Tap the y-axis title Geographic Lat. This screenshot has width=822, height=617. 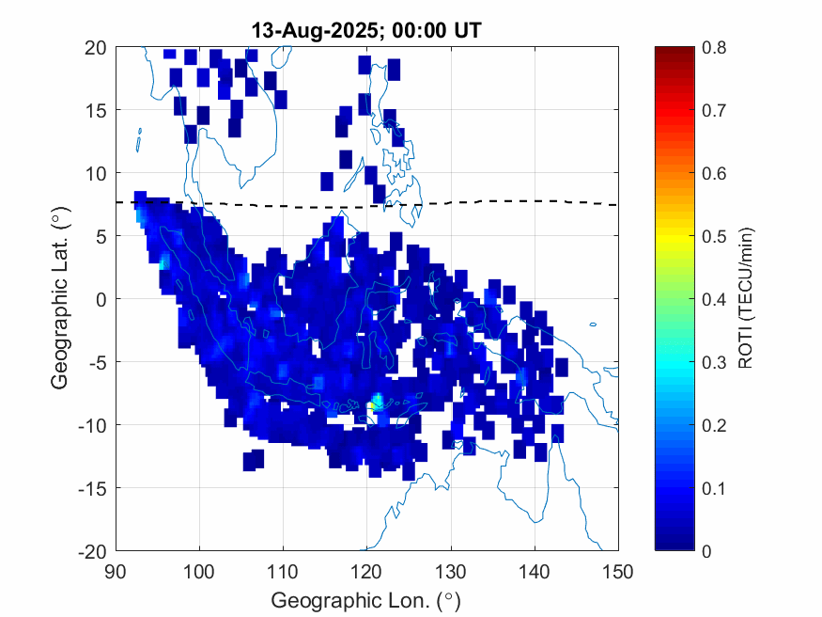60,299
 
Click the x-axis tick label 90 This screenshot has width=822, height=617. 116,570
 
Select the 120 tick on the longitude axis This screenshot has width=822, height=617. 367,570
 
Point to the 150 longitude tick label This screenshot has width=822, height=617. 618,570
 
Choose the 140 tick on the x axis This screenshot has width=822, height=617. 535,570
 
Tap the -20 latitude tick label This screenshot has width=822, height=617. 92,550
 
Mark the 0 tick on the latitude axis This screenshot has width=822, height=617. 101,299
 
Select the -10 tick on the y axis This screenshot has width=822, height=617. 92,425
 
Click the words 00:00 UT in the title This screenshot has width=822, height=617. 431,31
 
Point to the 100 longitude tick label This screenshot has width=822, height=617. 199,570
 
